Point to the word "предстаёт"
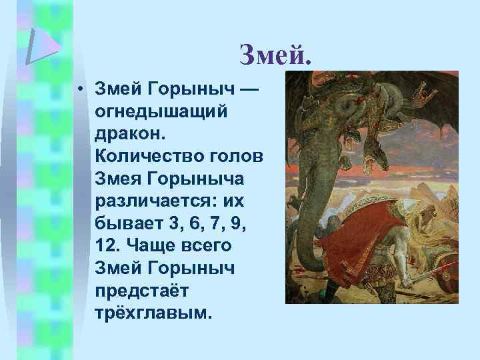tap(143, 290)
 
